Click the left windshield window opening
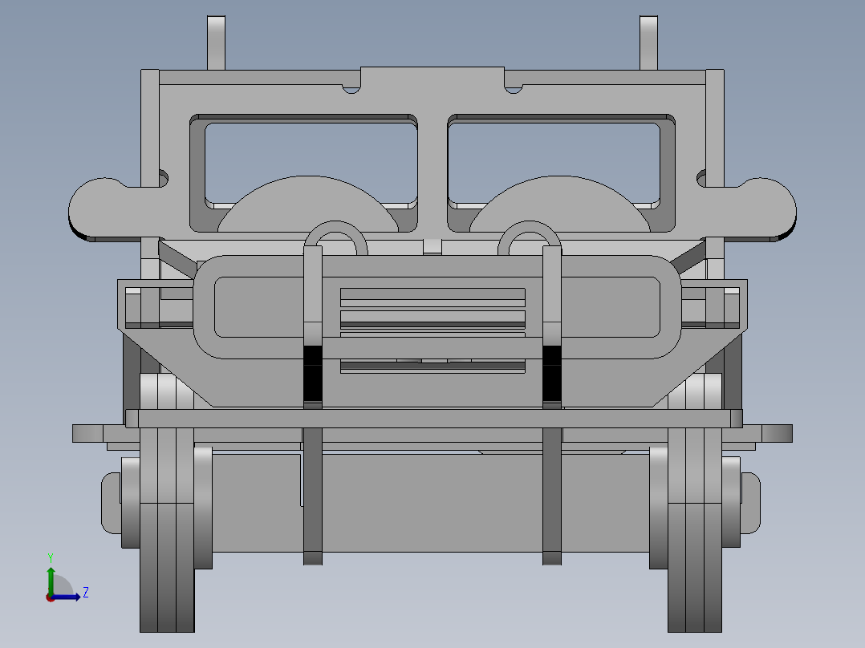311,152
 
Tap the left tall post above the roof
217,42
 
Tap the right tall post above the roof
648,42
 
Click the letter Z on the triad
85,593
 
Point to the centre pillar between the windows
433,160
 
